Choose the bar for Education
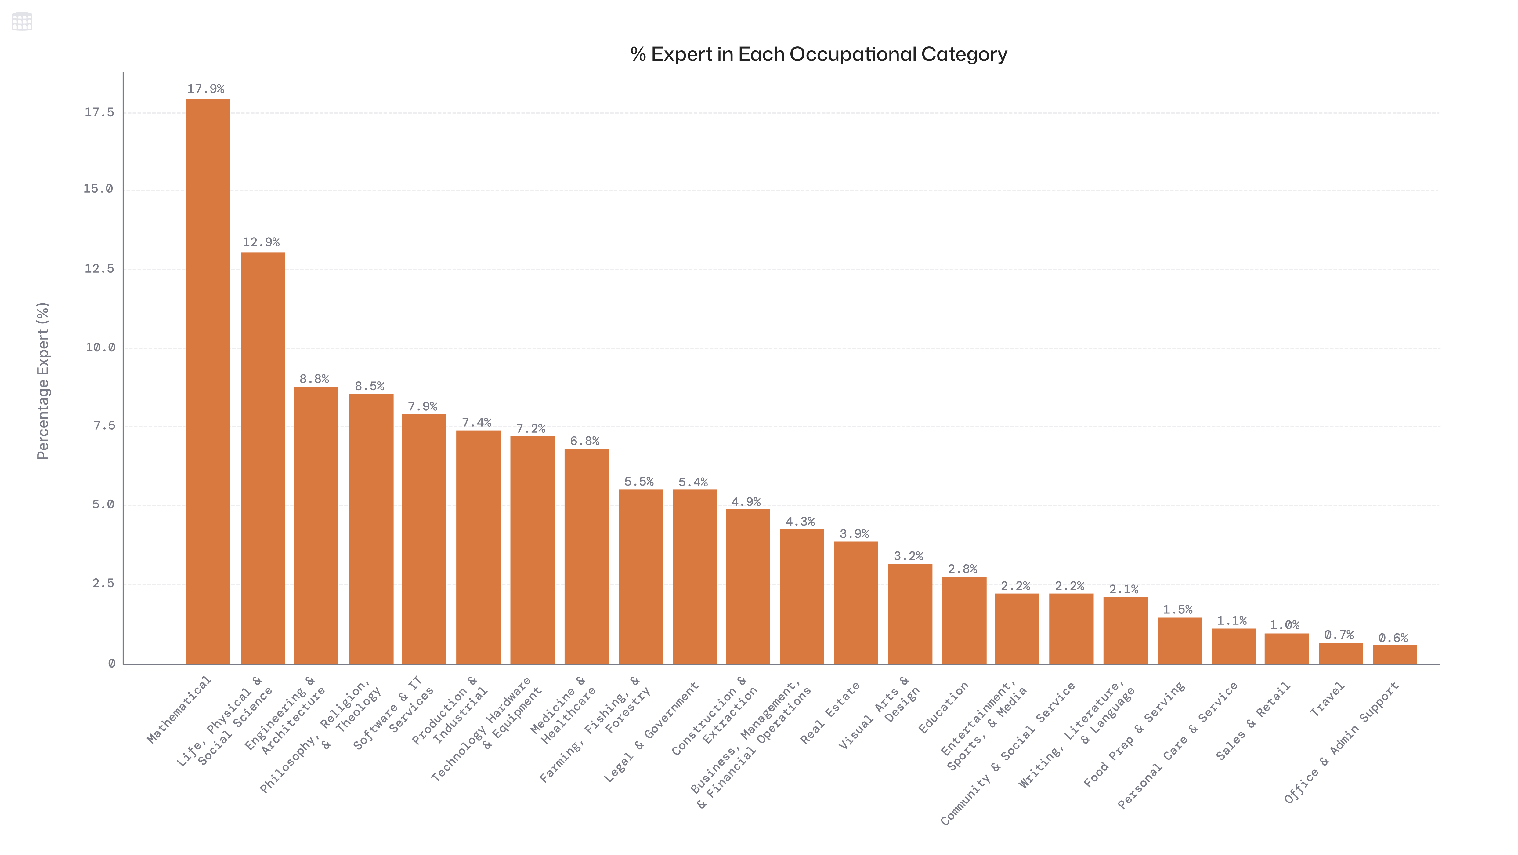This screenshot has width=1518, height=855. pos(964,620)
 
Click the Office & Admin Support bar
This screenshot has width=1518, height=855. pos(1394,654)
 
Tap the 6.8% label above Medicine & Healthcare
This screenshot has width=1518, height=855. pos(584,441)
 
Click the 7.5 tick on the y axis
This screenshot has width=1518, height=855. pos(104,426)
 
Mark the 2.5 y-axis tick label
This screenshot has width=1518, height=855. pos(103,583)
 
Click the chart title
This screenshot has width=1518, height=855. pos(819,54)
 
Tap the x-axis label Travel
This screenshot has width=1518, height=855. pos(1327,699)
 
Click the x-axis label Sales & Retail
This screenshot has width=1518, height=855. pos(1253,721)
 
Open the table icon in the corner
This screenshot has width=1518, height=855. pos(22,21)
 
